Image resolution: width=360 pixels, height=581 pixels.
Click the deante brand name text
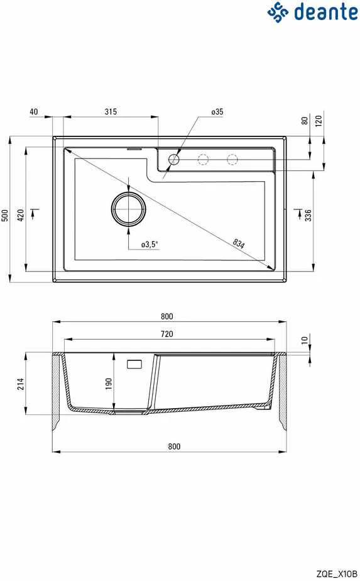pyautogui.click(x=326, y=12)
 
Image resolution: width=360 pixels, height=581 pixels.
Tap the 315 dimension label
pyautogui.click(x=111, y=111)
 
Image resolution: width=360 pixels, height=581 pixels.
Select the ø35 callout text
pyautogui.click(x=217, y=111)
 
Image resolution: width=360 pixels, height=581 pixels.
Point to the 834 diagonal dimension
pyautogui.click(x=239, y=243)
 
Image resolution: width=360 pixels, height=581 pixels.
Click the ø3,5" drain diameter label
pyautogui.click(x=150, y=245)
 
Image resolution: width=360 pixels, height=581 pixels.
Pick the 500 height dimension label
pyautogui.click(x=5, y=215)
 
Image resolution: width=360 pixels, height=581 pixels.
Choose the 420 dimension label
pyautogui.click(x=21, y=215)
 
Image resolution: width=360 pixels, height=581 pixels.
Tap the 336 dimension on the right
pyautogui.click(x=308, y=215)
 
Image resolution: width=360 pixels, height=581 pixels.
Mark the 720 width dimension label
pyautogui.click(x=166, y=334)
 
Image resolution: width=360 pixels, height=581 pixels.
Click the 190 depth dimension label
pyautogui.click(x=109, y=384)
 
